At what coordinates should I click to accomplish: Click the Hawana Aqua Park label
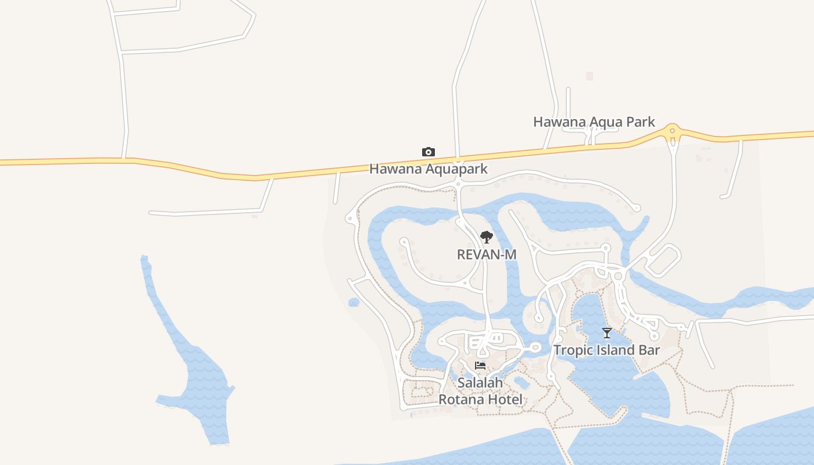click(594, 122)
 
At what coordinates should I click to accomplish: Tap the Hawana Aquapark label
click(429, 169)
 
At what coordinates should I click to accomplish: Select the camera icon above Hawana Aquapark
click(429, 152)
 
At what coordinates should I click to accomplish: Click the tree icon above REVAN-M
click(487, 237)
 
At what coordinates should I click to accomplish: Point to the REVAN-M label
click(487, 255)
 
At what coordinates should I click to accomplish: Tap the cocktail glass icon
click(607, 333)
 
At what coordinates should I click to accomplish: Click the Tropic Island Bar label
click(606, 350)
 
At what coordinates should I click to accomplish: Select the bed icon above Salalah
click(480, 366)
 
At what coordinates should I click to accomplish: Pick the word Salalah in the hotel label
click(480, 383)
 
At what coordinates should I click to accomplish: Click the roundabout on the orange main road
click(673, 132)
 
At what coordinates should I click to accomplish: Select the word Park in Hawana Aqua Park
click(639, 122)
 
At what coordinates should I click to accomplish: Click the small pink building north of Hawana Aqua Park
click(590, 76)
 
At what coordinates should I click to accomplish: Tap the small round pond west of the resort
click(354, 302)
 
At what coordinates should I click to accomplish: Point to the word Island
click(615, 350)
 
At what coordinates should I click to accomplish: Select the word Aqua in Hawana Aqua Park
click(605, 122)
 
